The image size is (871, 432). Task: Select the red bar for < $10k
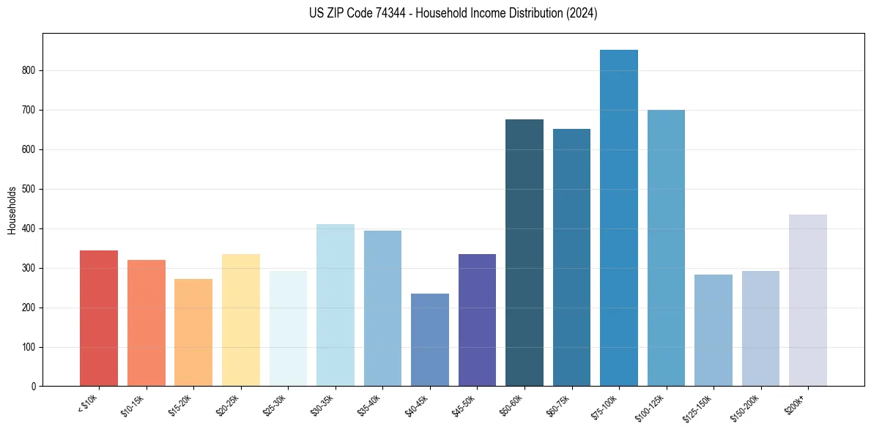pos(99,319)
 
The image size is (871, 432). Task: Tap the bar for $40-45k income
pos(430,340)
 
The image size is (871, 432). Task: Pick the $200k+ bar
pos(808,300)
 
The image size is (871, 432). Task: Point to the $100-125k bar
pos(666,248)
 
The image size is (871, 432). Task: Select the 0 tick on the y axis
pos(34,387)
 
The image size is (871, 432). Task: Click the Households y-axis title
pos(12,210)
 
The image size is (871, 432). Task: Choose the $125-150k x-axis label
pos(700,407)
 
